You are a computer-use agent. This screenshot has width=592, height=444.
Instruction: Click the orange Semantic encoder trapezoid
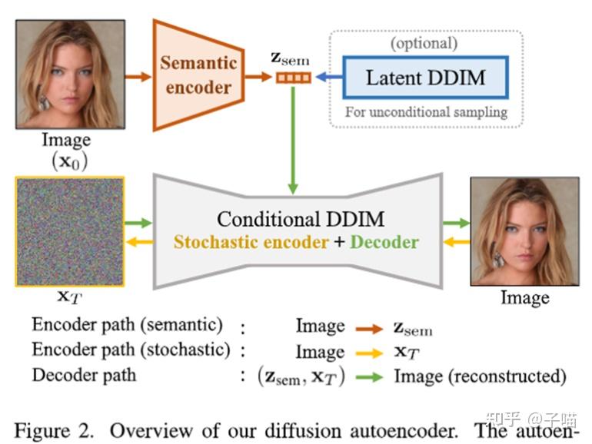point(197,75)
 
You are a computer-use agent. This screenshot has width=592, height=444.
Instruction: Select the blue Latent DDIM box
point(425,78)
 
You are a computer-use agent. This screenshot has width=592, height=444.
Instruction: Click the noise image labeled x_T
point(70,232)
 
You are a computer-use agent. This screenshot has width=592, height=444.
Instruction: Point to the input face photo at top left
point(70,74)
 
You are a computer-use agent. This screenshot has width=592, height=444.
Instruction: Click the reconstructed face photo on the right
point(524,231)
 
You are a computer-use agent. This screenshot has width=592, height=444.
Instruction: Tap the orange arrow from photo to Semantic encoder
point(139,77)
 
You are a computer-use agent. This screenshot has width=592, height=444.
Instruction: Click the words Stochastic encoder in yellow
point(251,243)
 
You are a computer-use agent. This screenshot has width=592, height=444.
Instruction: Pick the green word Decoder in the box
point(384,243)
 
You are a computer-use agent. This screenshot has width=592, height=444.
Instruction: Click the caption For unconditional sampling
point(426,112)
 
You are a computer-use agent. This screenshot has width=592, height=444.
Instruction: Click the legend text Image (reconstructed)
point(480,376)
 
